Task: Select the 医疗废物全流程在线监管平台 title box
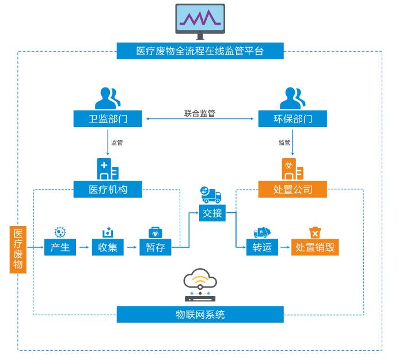[x=200, y=51]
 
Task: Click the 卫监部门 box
[x=108, y=119]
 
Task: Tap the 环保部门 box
[x=292, y=119]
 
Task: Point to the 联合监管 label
[x=200, y=113]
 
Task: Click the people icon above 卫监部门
[x=108, y=98]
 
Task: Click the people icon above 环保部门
[x=292, y=98]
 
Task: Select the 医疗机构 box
[x=108, y=189]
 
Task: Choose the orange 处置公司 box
[x=292, y=189]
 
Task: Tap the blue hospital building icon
[x=108, y=169]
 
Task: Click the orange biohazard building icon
[x=292, y=169]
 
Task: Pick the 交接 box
[x=212, y=213]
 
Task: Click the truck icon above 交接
[x=211, y=194]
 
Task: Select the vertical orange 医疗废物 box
[x=18, y=249]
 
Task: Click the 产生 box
[x=60, y=247]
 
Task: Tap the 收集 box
[x=108, y=247]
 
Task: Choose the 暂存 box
[x=155, y=247]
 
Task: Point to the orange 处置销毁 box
[x=315, y=247]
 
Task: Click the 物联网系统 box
[x=200, y=315]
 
